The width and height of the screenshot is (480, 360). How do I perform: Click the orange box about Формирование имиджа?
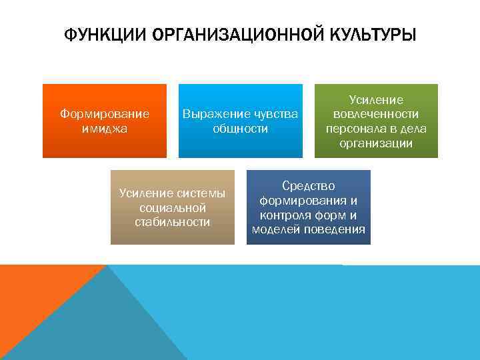tap(105, 121)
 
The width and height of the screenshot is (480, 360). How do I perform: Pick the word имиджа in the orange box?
tap(105, 129)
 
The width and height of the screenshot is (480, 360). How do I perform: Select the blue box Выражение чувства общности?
tap(240, 121)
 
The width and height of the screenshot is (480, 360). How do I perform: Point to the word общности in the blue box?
tap(240, 129)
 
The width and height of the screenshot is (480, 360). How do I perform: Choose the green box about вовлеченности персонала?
tap(376, 121)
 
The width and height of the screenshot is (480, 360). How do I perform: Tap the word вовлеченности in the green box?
tap(376, 114)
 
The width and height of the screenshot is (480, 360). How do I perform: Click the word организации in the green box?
tap(376, 143)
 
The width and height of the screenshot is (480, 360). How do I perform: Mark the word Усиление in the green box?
tap(376, 100)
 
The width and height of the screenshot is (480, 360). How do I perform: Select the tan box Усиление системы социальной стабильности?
tap(173, 207)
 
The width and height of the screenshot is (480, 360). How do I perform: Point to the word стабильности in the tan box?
tap(173, 222)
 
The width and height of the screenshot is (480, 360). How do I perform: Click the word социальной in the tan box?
tap(173, 208)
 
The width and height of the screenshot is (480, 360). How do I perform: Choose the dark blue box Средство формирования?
tap(308, 207)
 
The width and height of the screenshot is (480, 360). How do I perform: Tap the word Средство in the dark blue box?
tap(308, 185)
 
